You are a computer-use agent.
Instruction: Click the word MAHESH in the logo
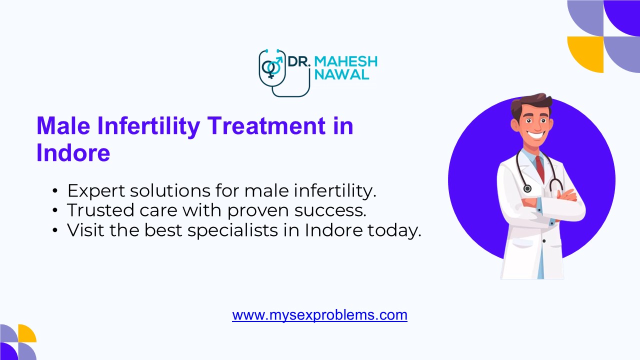point(346,62)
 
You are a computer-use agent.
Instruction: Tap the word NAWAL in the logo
point(342,75)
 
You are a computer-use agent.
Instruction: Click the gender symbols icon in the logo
point(271,68)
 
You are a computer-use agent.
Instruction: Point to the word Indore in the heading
point(73,152)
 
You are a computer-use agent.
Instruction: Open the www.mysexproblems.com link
point(319,315)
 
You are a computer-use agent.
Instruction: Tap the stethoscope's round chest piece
point(527,188)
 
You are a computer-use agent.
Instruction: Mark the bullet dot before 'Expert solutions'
point(55,191)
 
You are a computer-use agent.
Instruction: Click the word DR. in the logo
point(299,62)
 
